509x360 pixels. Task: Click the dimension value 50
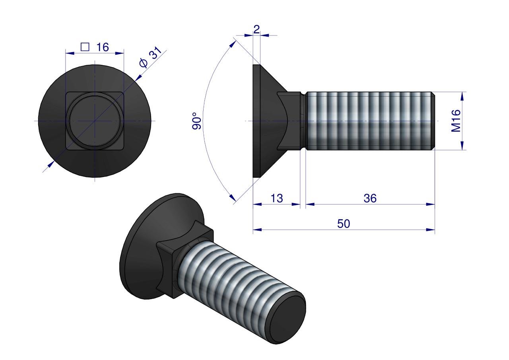(x=344, y=224)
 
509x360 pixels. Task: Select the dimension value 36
(x=370, y=198)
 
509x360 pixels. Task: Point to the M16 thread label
(x=456, y=121)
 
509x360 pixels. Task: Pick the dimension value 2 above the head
(x=256, y=29)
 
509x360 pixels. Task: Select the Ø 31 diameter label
(x=150, y=58)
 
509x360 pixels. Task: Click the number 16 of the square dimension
(x=102, y=47)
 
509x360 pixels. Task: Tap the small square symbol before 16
(x=85, y=47)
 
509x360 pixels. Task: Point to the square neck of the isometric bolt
(x=171, y=263)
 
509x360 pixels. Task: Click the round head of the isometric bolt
(x=139, y=247)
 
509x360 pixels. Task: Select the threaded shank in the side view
(x=370, y=121)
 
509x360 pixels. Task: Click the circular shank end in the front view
(x=95, y=121)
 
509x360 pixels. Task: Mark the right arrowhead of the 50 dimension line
(x=431, y=230)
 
